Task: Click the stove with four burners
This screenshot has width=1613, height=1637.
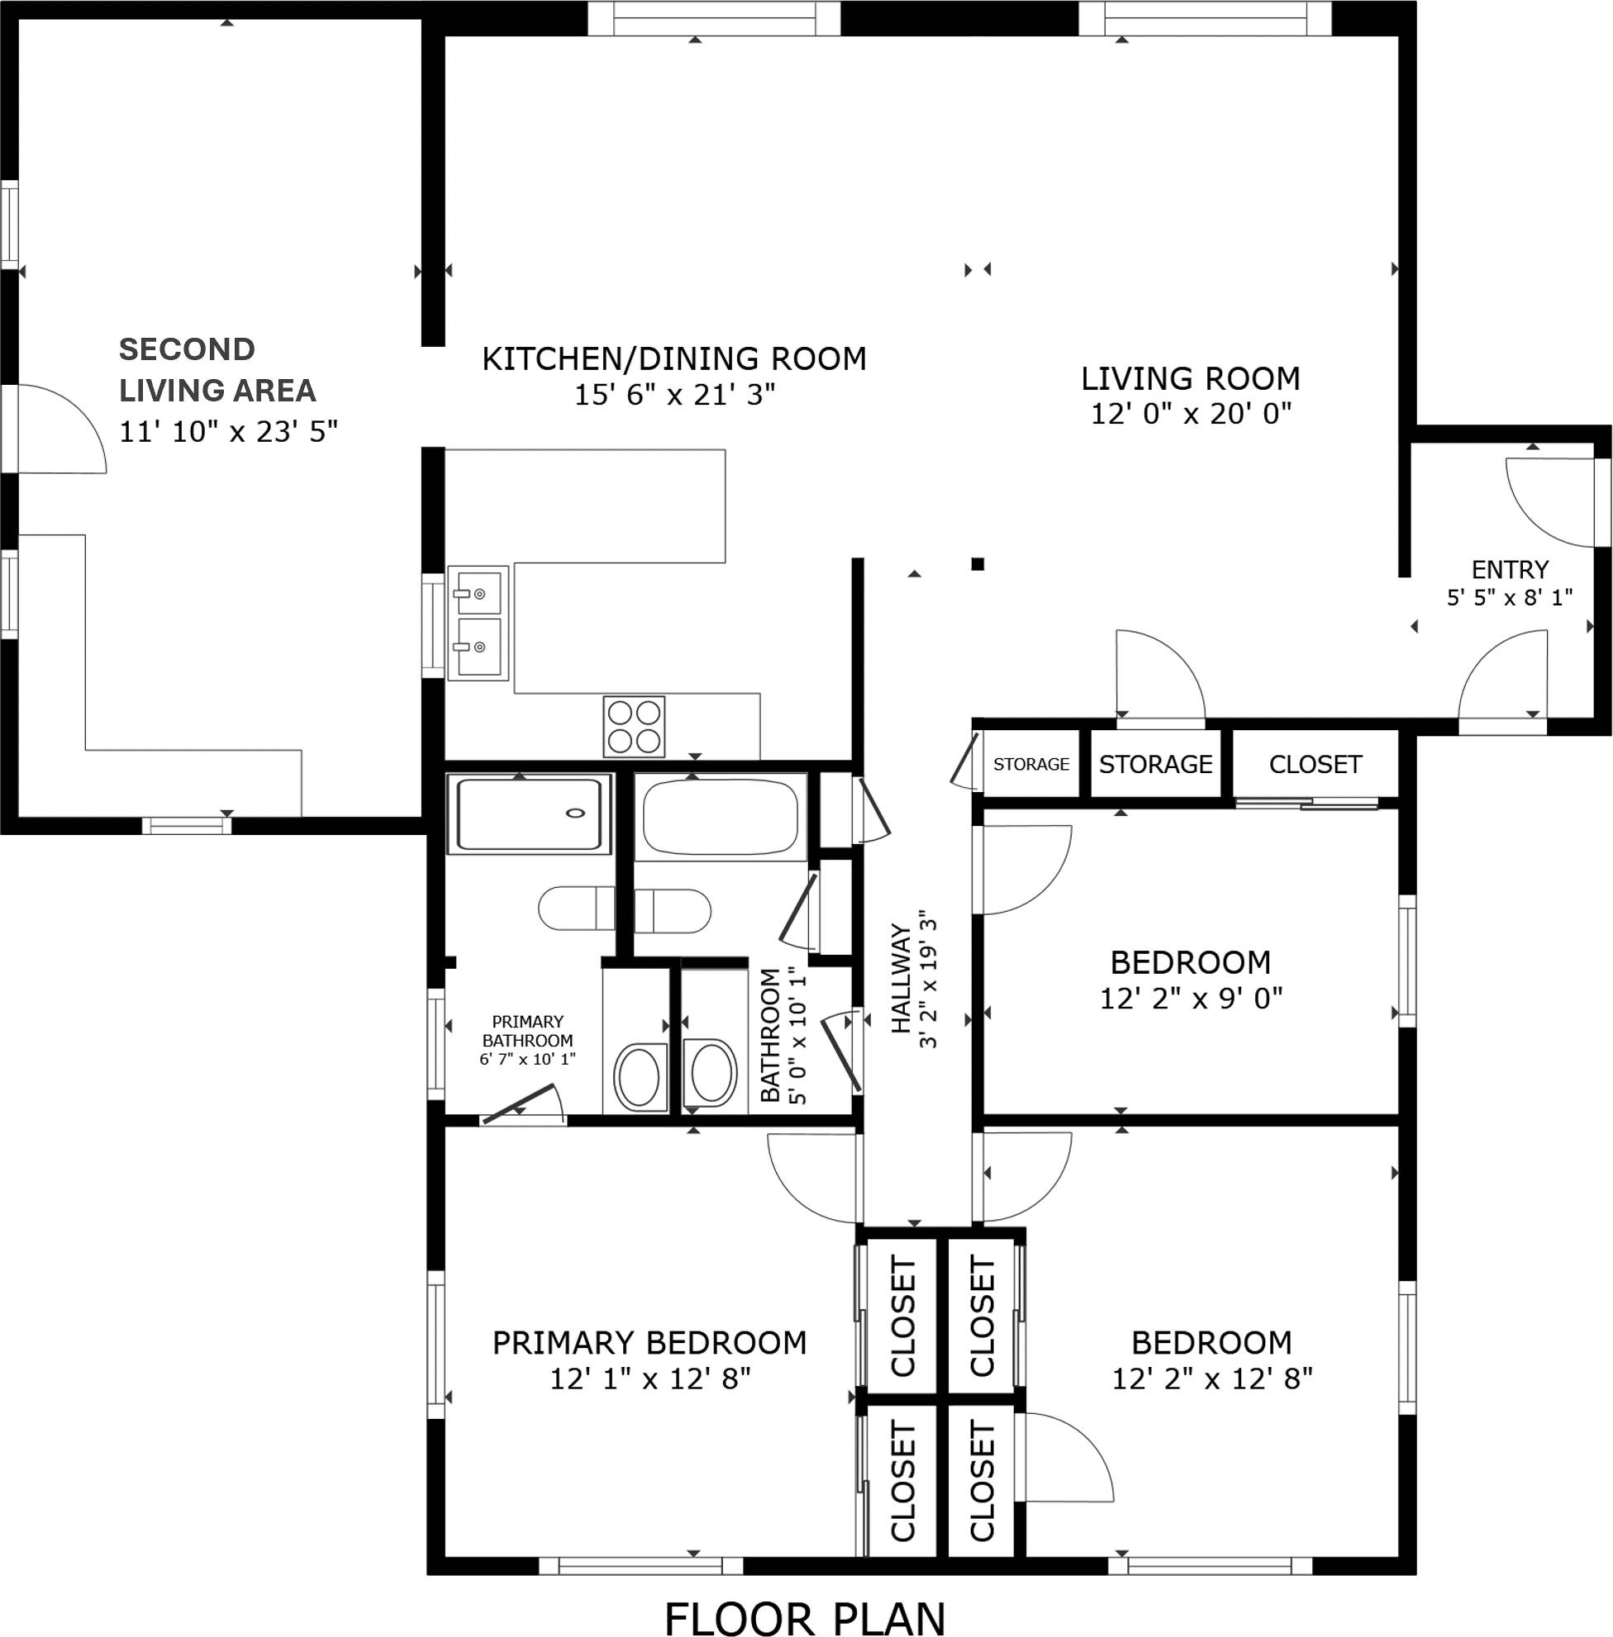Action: (634, 727)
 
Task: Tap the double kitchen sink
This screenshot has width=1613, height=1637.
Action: (478, 622)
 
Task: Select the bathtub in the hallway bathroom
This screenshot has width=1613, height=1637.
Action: (720, 818)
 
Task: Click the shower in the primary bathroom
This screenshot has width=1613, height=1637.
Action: (529, 813)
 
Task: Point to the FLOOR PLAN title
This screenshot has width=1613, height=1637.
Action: (804, 1618)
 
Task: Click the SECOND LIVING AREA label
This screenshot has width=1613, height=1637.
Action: (216, 369)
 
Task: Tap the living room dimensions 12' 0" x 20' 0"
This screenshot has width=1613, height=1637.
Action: (1190, 414)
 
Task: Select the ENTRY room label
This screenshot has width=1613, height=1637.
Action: (1510, 569)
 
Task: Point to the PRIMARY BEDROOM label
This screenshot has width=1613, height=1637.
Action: (649, 1342)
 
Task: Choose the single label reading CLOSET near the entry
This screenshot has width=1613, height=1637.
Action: (1315, 765)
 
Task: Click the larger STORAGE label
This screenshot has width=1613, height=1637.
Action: (1155, 765)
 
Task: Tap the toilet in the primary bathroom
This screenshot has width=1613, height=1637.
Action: (577, 909)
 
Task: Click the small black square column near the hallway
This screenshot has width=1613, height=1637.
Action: (978, 564)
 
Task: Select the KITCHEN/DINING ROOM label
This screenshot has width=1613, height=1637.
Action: (674, 359)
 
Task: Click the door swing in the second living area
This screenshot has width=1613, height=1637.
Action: (59, 429)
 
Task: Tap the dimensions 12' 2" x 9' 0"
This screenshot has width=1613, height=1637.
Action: (1190, 999)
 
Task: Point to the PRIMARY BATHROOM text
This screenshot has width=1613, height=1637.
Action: (527, 1031)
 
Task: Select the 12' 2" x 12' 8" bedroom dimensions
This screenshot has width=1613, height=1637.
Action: (1211, 1379)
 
